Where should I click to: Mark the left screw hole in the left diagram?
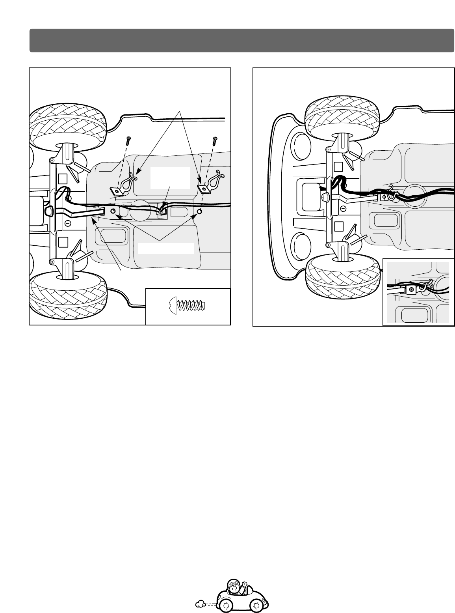point(113,211)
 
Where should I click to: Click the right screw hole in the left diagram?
point(199,212)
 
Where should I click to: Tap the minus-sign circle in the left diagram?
point(67,223)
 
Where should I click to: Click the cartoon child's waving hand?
point(244,583)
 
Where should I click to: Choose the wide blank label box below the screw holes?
point(166,248)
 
